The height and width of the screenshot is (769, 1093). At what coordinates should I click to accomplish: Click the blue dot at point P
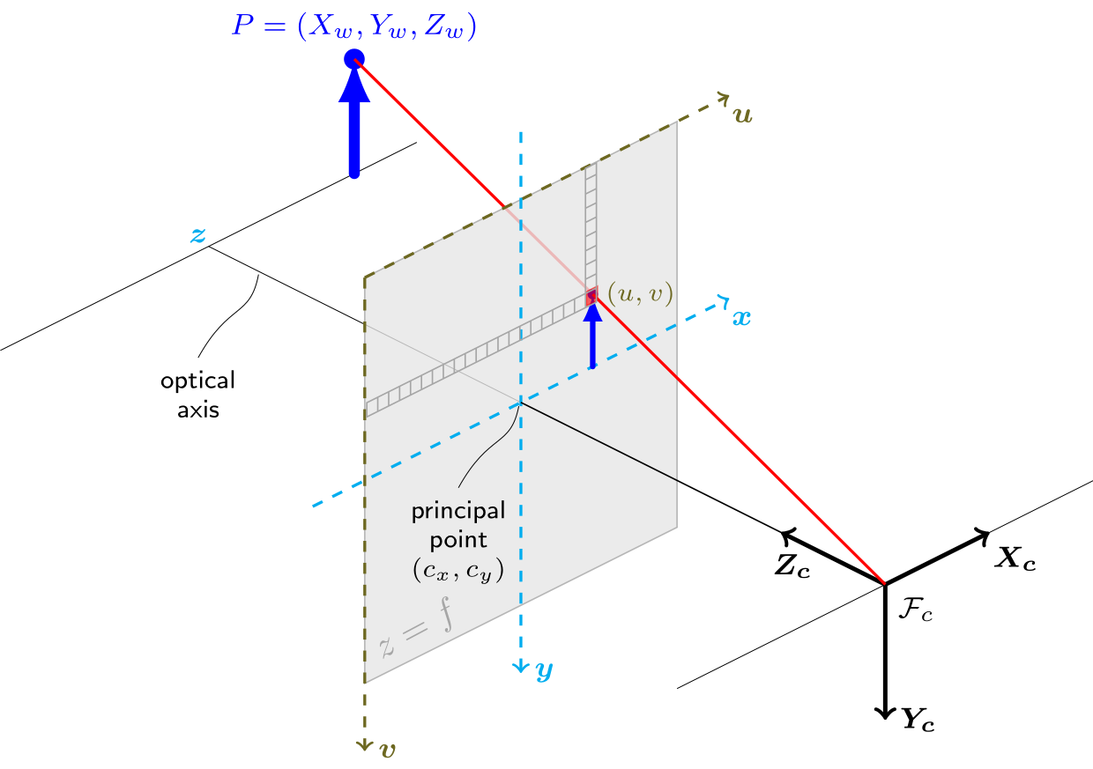(x=354, y=59)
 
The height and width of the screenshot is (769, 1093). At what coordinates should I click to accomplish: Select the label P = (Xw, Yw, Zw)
(x=353, y=26)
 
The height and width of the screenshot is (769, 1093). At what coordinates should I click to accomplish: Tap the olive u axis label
(x=742, y=115)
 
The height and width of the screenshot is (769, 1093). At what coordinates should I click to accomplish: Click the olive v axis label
(x=388, y=750)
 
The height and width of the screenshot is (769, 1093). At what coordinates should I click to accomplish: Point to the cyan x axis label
(x=741, y=318)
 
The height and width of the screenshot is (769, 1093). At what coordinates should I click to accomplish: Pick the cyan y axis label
(x=545, y=671)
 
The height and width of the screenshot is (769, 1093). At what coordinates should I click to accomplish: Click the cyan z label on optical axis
(x=198, y=235)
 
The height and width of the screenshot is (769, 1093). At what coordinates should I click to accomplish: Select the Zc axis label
(x=792, y=566)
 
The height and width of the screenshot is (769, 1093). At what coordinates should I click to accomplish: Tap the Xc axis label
(x=1015, y=558)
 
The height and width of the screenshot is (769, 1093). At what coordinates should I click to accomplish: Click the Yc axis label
(x=918, y=720)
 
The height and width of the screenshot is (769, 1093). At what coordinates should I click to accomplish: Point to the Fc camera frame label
(x=916, y=610)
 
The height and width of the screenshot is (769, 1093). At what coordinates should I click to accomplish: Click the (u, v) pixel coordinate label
(x=641, y=293)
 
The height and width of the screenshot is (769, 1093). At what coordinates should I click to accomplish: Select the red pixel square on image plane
(x=591, y=296)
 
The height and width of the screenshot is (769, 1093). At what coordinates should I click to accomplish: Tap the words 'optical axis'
(x=197, y=395)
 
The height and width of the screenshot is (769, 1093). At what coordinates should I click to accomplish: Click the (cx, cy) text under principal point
(x=458, y=570)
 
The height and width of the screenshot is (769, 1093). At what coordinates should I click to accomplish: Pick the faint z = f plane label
(x=416, y=629)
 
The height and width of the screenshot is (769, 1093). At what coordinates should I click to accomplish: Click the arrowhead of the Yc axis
(x=885, y=713)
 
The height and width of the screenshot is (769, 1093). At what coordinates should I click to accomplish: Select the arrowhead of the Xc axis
(x=982, y=536)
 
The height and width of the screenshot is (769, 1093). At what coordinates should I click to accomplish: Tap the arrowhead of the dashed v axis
(x=365, y=744)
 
